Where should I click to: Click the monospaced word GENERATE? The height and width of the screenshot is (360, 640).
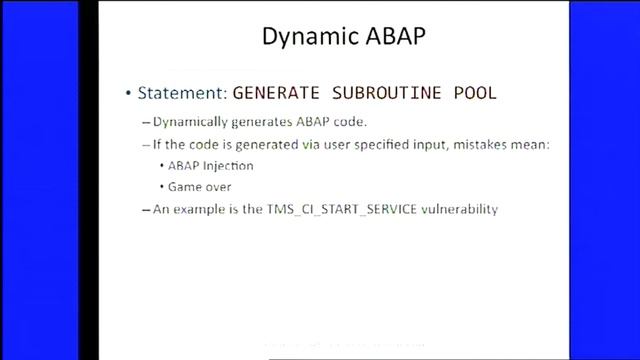[x=275, y=94]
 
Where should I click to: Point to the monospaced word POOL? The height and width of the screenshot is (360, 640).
[x=472, y=94]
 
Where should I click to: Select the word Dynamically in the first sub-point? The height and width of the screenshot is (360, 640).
[x=191, y=123]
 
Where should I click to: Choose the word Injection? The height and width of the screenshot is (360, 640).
[x=231, y=166]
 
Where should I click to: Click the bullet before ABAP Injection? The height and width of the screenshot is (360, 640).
[x=162, y=167]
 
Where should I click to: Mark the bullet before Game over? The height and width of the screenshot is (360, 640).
[x=162, y=188]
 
